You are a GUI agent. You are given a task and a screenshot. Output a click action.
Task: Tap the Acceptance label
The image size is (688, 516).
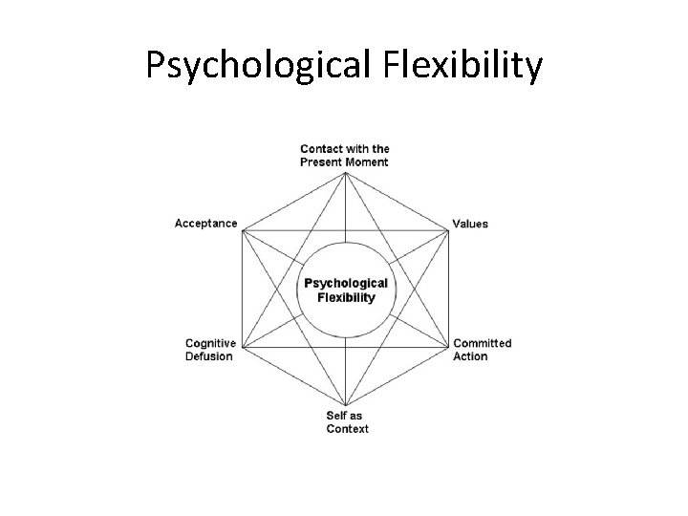[x=205, y=224]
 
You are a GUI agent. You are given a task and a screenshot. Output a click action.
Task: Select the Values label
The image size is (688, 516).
[x=470, y=224]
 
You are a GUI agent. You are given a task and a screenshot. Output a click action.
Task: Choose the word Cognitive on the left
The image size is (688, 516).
[x=211, y=343]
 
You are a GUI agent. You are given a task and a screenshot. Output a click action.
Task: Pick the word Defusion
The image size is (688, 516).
[x=208, y=356]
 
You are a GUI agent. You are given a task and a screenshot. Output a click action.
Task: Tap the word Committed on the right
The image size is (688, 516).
[x=483, y=343]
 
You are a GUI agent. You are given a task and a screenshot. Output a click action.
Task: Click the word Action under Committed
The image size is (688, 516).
[x=470, y=356]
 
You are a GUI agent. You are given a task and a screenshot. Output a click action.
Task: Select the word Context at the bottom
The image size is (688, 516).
[x=348, y=429]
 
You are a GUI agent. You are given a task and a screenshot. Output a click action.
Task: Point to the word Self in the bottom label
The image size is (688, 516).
[x=337, y=416]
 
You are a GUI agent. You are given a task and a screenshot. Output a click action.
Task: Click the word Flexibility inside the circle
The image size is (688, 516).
[x=345, y=297]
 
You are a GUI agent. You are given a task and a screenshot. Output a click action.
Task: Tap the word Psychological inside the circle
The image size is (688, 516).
[x=345, y=283]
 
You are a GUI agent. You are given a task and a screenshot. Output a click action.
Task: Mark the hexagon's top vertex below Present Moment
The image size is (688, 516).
[x=345, y=171]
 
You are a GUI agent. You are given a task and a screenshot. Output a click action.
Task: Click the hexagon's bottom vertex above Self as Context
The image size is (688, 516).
[x=345, y=406]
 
